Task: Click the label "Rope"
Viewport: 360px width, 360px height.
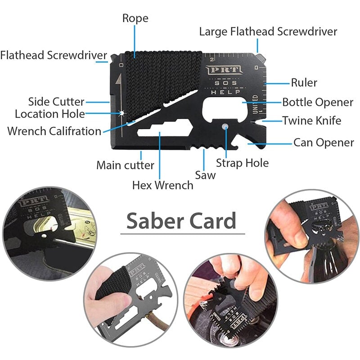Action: coord(135,18)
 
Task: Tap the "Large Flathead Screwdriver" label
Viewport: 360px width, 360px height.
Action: coord(268,32)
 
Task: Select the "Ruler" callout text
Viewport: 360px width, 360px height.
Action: coord(304,83)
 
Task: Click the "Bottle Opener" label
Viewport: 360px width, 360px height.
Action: coord(318,102)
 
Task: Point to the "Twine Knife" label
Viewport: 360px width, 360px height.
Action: coord(311,121)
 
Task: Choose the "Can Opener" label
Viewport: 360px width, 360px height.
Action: coord(324,143)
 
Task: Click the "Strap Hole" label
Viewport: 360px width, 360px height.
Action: coord(242,162)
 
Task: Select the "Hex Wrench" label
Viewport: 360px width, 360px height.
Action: coord(162,185)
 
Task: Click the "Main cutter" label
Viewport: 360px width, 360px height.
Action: coord(125,165)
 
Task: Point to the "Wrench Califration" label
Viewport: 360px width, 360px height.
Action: coord(54,131)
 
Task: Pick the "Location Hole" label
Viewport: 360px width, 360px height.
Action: coord(49,114)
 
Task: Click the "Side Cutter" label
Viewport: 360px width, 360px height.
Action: coord(56,101)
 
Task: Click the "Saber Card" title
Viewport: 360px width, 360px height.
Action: coord(181,221)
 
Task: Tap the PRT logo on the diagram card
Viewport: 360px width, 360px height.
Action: coord(224,70)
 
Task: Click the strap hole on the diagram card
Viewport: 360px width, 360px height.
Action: coord(225,126)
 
